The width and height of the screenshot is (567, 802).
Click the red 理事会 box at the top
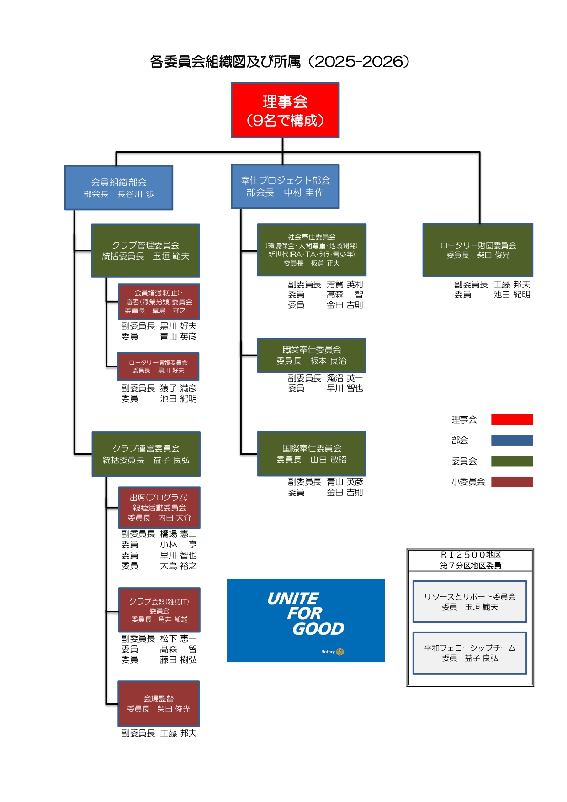pyautogui.click(x=285, y=110)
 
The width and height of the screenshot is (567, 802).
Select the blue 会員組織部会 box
pyautogui.click(x=119, y=188)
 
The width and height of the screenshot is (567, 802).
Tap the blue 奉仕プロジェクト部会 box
pyautogui.click(x=285, y=186)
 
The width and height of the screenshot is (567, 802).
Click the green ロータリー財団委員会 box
pyautogui.click(x=478, y=250)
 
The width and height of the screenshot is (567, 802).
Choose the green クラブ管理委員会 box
pyautogui.click(x=146, y=251)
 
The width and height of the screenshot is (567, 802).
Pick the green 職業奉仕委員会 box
pyautogui.click(x=312, y=356)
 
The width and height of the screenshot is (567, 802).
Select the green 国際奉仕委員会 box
pyautogui.click(x=312, y=454)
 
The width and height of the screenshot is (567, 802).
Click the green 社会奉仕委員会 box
pyautogui.click(x=312, y=250)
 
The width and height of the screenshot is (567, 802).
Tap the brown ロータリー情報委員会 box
pyautogui.click(x=158, y=366)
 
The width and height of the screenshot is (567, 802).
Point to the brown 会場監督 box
pyautogui.click(x=159, y=704)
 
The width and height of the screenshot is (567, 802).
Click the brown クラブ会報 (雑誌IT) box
pyautogui.click(x=159, y=610)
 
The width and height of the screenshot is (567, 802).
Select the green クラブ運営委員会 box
pyautogui.click(x=146, y=454)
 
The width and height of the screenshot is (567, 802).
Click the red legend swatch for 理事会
pyautogui.click(x=512, y=420)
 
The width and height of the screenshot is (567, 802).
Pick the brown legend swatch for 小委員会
pyautogui.click(x=512, y=482)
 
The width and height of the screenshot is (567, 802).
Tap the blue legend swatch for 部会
pyautogui.click(x=512, y=440)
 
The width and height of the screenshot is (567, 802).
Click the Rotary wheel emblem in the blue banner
pyautogui.click(x=340, y=652)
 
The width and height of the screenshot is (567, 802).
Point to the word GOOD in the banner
pyautogui.click(x=318, y=629)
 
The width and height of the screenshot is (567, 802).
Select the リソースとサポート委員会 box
pyautogui.click(x=470, y=602)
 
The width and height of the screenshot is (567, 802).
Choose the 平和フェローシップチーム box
pyautogui.click(x=470, y=653)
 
